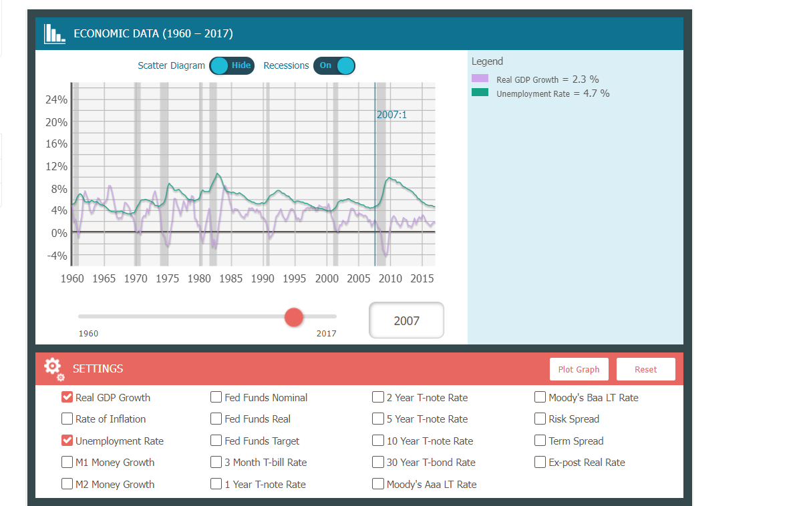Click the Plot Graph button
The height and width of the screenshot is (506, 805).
(x=579, y=369)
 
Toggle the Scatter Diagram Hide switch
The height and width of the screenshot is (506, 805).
(x=231, y=65)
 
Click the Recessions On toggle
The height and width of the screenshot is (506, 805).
(x=334, y=65)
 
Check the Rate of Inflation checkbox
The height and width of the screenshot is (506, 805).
(x=67, y=419)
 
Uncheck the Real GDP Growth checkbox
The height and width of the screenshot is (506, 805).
(x=67, y=397)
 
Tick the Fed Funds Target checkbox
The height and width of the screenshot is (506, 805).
(x=216, y=441)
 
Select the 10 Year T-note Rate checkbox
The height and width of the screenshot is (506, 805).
(x=378, y=441)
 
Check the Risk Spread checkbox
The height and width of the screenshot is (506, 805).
(x=540, y=419)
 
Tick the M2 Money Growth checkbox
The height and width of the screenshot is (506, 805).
(x=67, y=484)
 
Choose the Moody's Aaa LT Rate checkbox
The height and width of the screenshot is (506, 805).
(x=378, y=484)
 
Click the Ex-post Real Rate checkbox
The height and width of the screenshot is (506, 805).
(x=540, y=462)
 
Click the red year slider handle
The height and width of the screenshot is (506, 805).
(x=294, y=317)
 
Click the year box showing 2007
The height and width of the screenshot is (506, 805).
(x=406, y=320)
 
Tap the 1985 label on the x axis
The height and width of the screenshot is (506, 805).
(x=231, y=278)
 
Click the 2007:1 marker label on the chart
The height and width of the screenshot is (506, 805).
(x=391, y=115)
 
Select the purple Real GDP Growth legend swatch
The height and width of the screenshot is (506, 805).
(x=480, y=79)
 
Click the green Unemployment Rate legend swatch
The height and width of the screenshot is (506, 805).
(x=480, y=93)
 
